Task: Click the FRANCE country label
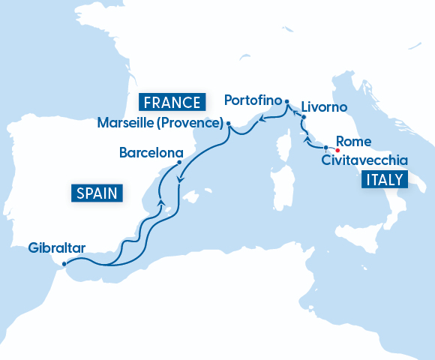coord(172,102)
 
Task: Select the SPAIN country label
coord(97,193)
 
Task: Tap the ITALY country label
coord(382,179)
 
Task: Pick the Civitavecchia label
coord(364,160)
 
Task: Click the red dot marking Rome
coord(337,148)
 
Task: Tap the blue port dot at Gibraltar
coord(64,263)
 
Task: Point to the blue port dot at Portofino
coord(287,100)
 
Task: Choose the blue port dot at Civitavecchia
coord(325,148)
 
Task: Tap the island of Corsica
coord(286,145)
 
